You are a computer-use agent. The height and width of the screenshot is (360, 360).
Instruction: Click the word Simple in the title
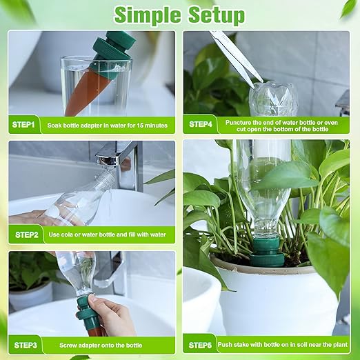point(148,16)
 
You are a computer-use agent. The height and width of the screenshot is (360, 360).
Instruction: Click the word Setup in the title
point(217,16)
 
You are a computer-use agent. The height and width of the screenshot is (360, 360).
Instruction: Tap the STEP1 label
point(23,125)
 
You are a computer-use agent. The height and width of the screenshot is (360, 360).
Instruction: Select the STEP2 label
point(26,235)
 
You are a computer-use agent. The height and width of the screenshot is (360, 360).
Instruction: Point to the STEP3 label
point(26,346)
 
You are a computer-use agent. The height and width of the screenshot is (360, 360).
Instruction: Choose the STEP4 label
point(201,124)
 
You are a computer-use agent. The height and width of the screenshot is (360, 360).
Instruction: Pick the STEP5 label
point(200,346)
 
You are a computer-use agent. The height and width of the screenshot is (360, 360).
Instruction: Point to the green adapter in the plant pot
point(268,252)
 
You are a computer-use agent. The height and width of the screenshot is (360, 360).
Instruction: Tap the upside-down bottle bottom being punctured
point(273,99)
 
